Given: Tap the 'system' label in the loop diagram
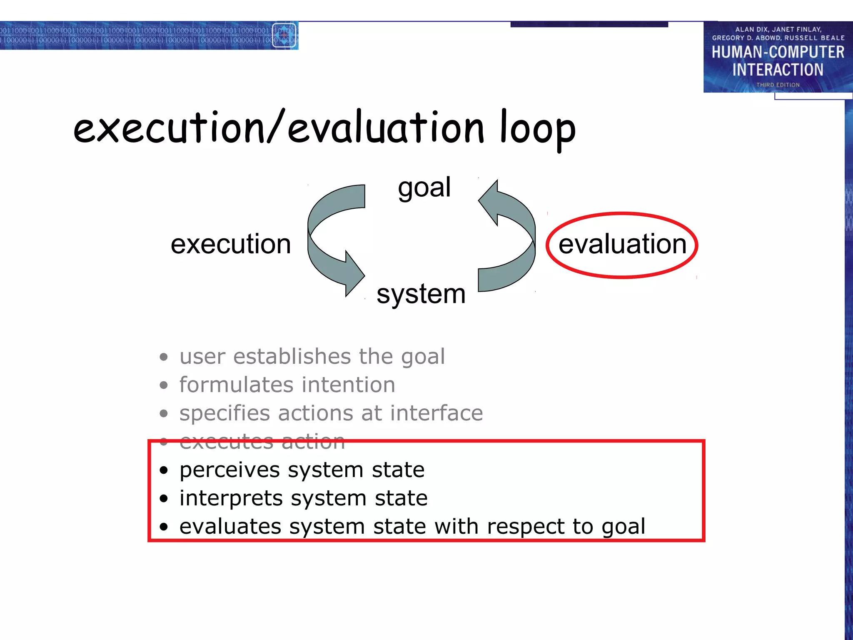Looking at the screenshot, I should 421,294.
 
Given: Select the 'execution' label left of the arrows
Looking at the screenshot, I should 230,244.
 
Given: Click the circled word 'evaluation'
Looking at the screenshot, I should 622,244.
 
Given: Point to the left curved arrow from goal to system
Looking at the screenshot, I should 329,237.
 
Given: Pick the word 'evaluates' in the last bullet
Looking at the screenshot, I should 230,526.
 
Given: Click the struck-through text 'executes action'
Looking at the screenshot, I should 262,441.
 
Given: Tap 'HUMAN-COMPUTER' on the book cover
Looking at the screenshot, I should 777,52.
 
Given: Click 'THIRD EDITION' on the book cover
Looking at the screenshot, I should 778,85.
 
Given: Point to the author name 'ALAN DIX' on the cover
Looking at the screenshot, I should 751,30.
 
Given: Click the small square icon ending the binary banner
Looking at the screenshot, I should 284,35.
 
